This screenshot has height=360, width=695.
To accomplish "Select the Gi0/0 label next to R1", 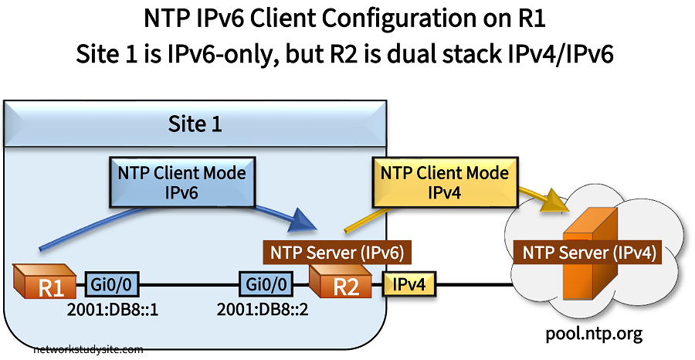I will pos(112,284).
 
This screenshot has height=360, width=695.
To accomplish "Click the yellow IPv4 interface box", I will pos(409,284).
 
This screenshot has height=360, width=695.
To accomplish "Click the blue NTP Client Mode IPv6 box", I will pos(182,183).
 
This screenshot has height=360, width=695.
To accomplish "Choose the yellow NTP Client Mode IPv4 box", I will pos(444,183).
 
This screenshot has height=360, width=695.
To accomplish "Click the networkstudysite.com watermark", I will pos(88,349).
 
